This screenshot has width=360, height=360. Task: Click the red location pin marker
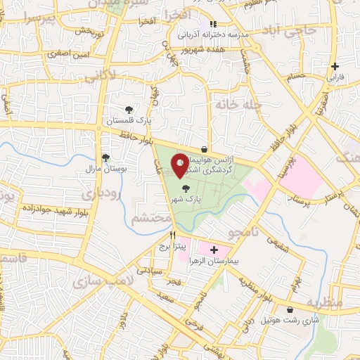[x=180, y=164]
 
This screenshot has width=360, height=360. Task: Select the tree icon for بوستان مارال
[x=105, y=157]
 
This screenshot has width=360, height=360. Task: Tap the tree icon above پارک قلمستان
[x=129, y=109]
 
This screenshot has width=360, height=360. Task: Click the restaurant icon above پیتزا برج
[x=172, y=234]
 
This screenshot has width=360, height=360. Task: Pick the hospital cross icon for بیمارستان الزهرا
[x=214, y=250]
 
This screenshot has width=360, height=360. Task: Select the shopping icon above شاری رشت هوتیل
[x=289, y=309]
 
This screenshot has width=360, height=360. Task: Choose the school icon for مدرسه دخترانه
[x=213, y=24]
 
